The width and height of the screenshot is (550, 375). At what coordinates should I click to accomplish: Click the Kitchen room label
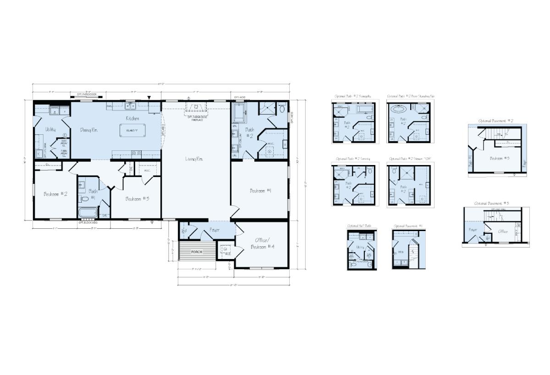coord(133,118)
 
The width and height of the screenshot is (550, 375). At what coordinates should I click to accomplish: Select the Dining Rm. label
coord(89,130)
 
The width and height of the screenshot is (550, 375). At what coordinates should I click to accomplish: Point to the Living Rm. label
coord(194,159)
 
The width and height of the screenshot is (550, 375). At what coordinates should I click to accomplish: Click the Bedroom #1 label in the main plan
coord(260,191)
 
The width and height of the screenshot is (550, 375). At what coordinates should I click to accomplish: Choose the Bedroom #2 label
coord(55,194)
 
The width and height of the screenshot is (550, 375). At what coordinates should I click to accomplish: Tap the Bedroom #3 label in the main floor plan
coord(137,199)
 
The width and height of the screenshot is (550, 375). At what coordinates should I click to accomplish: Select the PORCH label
coord(197,252)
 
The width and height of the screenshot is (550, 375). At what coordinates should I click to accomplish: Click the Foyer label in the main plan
coord(214,230)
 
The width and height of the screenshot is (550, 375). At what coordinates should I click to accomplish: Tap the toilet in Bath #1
coord(84,199)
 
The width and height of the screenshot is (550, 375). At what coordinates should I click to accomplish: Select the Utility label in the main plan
coord(50,130)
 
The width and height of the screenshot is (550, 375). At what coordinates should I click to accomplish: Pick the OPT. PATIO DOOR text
coord(87,95)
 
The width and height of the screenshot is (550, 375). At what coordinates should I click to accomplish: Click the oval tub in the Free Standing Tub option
coord(397,110)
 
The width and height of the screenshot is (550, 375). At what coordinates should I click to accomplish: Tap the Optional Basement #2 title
coord(496,121)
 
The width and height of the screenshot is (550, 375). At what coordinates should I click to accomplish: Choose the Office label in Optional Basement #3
coord(503,232)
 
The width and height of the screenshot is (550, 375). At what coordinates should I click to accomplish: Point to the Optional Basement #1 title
coord(408,226)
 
